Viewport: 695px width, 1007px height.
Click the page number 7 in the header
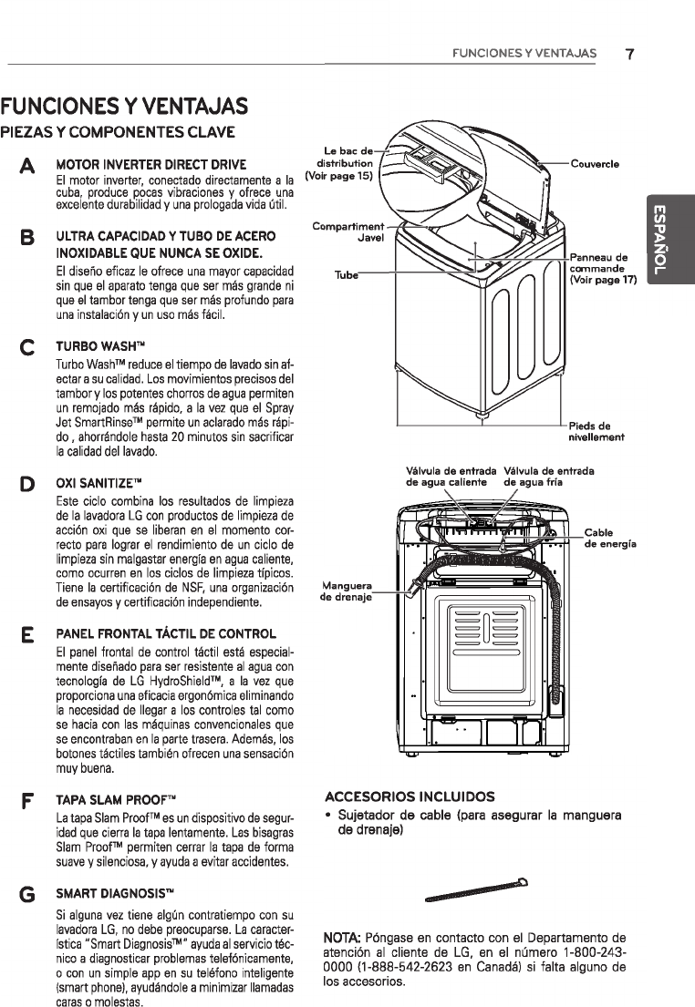pos(629,53)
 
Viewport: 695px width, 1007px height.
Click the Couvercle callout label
pos(594,164)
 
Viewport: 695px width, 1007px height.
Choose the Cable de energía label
pos(609,538)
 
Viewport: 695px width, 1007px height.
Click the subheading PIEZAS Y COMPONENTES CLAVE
pos(118,131)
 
